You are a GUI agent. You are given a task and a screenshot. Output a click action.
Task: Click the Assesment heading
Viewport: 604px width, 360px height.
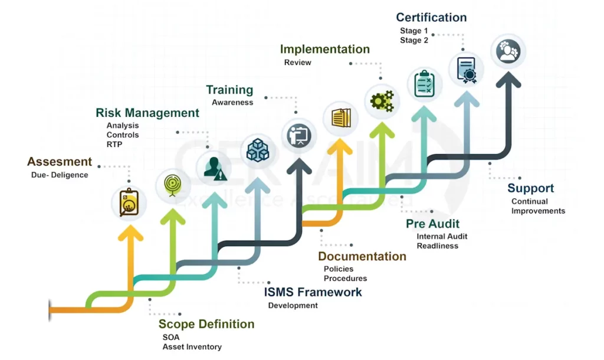click(60, 162)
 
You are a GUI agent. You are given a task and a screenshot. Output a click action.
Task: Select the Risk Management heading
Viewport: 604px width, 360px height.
click(147, 113)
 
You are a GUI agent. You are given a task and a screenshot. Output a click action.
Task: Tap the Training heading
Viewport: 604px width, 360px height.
click(229, 90)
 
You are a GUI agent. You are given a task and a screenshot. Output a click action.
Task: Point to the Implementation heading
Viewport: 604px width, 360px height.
click(324, 50)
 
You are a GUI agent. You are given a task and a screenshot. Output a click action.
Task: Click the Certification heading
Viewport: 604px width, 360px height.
click(431, 18)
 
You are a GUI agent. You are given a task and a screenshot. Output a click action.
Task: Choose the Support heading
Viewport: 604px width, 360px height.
click(531, 188)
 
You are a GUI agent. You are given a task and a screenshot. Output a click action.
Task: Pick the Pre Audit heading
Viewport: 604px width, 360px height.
click(432, 224)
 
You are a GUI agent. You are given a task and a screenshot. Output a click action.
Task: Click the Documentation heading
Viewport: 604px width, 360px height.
click(362, 257)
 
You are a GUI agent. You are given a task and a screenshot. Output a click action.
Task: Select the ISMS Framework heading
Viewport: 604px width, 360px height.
click(313, 292)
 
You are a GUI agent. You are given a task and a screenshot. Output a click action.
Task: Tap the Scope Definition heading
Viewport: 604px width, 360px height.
click(206, 324)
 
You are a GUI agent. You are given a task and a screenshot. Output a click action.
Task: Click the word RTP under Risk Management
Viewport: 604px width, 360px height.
click(114, 145)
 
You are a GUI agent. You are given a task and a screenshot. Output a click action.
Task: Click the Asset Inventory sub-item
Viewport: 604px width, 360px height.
click(192, 347)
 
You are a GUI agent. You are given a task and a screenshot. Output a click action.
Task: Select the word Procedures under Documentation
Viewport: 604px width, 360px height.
click(345, 279)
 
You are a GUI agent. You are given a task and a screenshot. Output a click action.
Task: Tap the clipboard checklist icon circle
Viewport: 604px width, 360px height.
click(425, 83)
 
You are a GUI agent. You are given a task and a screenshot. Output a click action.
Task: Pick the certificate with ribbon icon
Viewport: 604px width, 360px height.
click(467, 69)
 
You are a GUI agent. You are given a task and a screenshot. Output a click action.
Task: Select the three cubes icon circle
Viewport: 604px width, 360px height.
click(258, 150)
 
